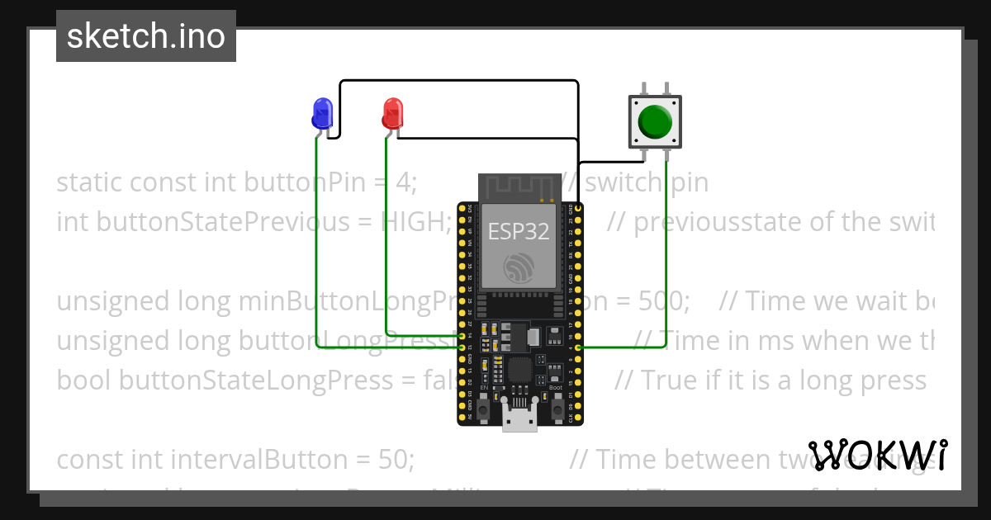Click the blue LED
pyautogui.click(x=322, y=111)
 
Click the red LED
pyautogui.click(x=392, y=111)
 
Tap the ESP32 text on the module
pyautogui.click(x=519, y=231)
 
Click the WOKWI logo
pyautogui.click(x=878, y=455)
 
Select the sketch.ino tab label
pyautogui.click(x=146, y=36)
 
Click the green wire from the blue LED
pyautogui.click(x=318, y=248)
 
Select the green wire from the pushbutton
pyautogui.click(x=666, y=248)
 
